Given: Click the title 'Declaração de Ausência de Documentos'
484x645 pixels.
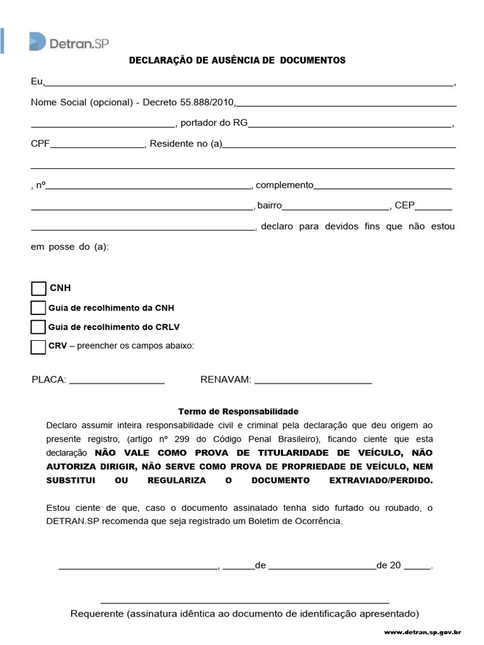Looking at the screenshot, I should point(237,60).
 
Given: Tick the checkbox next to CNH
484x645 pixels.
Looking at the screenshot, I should point(39,288).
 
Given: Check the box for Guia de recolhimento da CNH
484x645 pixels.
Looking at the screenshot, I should point(38,308).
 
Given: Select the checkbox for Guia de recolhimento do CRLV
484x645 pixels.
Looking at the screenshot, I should point(38,327).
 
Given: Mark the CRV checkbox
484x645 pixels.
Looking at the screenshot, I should point(38,346).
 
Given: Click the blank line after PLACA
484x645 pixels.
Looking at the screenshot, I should point(117,382).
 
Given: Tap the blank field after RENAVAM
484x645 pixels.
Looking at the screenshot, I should point(313,382).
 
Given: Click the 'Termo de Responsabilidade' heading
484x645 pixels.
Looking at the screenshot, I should point(238,411).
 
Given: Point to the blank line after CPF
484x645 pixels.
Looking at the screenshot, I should point(98,146).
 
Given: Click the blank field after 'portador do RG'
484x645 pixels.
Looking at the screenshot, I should point(350,125).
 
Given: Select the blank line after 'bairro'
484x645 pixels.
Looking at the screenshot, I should point(336,207).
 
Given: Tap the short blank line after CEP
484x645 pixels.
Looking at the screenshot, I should point(434,207).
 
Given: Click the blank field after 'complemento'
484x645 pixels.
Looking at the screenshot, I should point(383,187).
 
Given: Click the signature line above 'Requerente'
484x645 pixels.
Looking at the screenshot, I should point(245,602).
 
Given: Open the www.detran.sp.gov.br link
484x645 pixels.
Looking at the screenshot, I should point(423,632).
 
